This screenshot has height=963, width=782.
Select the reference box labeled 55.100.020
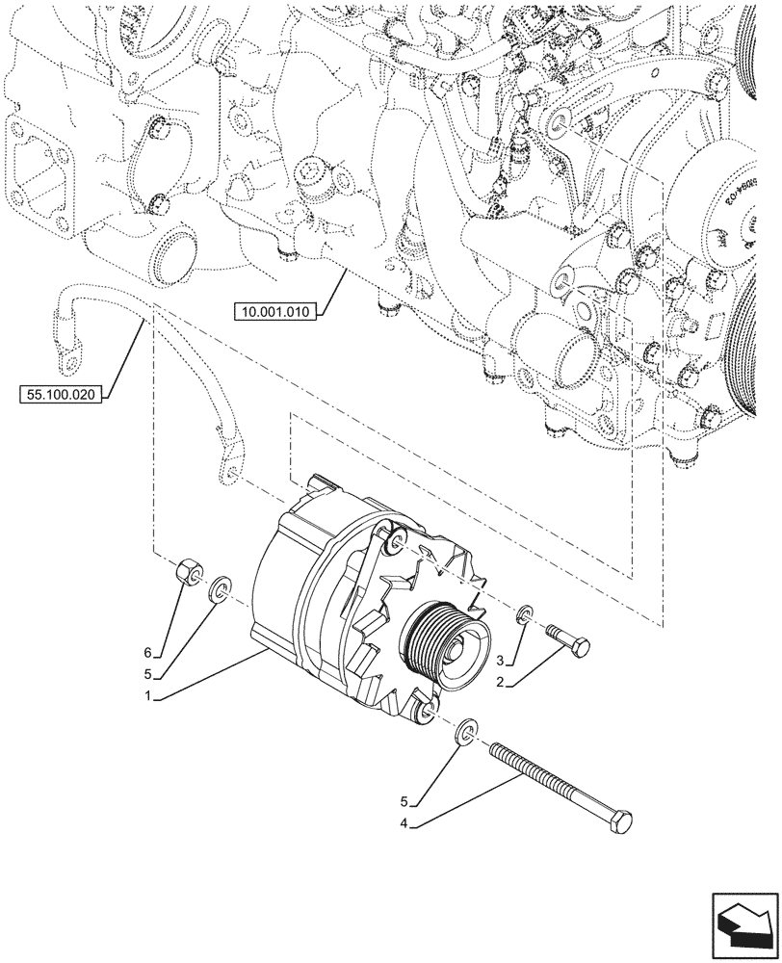pos(61,394)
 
